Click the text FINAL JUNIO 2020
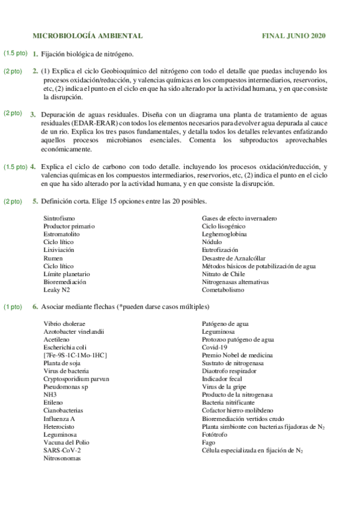click(x=294, y=36)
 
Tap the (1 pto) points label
click(x=13, y=307)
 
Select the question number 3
click(x=33, y=114)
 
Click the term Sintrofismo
click(x=59, y=218)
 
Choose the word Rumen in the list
click(x=53, y=258)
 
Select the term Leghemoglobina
click(x=224, y=234)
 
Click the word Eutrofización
click(x=220, y=250)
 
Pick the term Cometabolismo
click(x=223, y=290)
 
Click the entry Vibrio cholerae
click(x=64, y=324)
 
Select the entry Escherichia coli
click(x=65, y=347)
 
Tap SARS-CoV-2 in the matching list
click(x=62, y=450)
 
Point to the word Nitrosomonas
click(x=62, y=458)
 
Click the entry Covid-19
click(x=215, y=347)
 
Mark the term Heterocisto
click(x=59, y=426)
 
